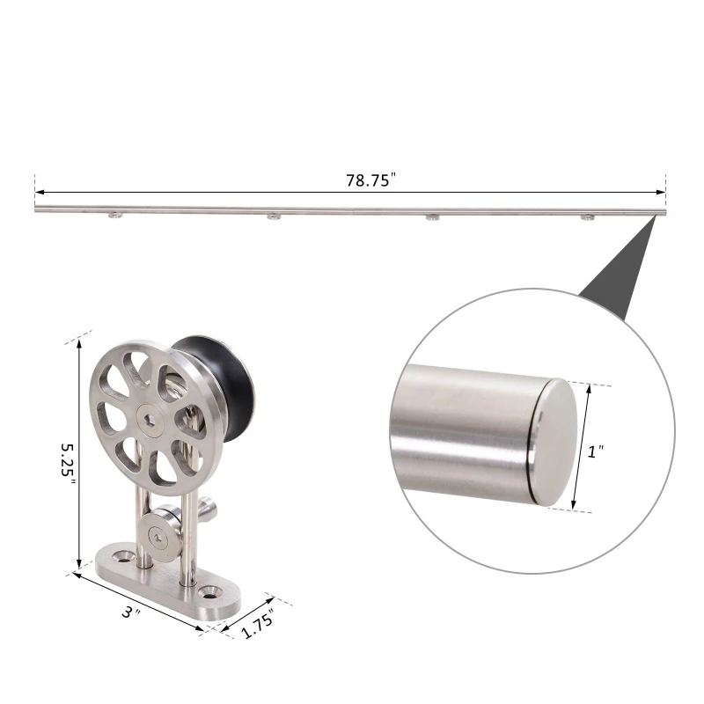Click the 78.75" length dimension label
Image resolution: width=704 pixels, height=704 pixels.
coord(371,180)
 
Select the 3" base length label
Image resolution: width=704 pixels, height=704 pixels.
coord(131,611)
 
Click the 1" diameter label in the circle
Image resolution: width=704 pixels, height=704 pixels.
coord(596,451)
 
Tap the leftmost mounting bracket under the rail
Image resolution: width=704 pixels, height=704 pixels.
coord(115,216)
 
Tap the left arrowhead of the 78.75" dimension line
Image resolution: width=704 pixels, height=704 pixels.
coord(40,192)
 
